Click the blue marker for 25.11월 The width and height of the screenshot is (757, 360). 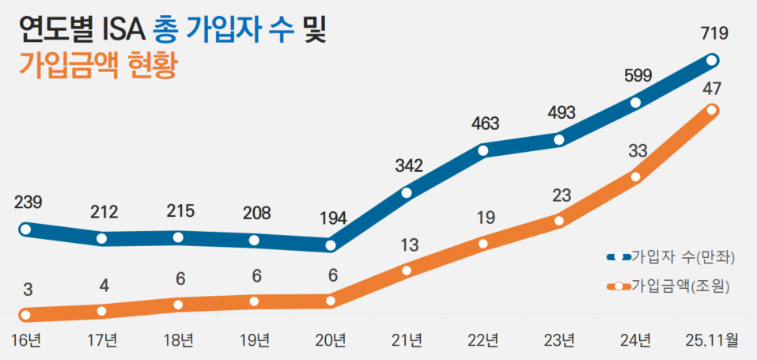[711, 60]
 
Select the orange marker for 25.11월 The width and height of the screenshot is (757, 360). [711, 110]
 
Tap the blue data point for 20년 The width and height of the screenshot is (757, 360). [331, 245]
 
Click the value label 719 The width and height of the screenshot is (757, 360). [713, 33]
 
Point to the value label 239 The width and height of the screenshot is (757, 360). [28, 203]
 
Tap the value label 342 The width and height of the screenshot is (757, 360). [410, 166]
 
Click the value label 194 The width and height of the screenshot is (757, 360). [332, 218]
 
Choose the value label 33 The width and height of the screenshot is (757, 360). [638, 151]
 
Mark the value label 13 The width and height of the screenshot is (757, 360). [409, 245]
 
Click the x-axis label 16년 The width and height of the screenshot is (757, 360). [27, 340]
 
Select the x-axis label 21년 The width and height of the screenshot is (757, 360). [407, 340]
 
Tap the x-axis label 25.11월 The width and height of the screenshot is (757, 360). [710, 340]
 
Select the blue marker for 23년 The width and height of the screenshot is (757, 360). [559, 140]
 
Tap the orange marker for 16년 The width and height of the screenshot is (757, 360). [25, 315]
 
